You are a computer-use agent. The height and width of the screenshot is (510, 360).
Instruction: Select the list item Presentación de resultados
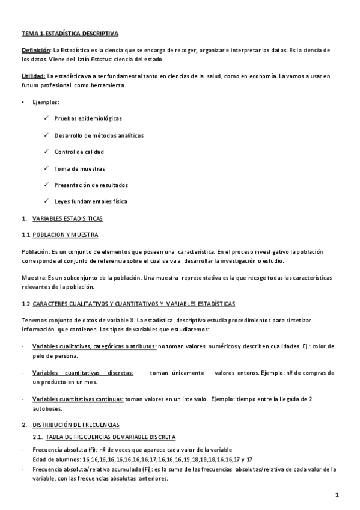[91, 185]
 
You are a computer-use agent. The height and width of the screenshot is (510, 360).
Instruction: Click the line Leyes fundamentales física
[91, 201]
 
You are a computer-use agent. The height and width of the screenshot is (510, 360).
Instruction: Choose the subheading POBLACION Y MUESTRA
[65, 234]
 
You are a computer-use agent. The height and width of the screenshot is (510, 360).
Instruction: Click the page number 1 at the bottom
[338, 494]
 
